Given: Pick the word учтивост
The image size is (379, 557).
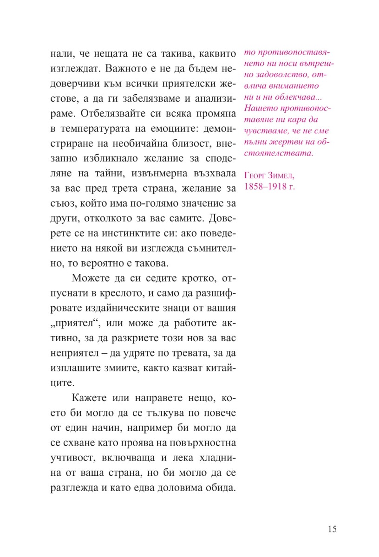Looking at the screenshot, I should click(72, 458).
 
